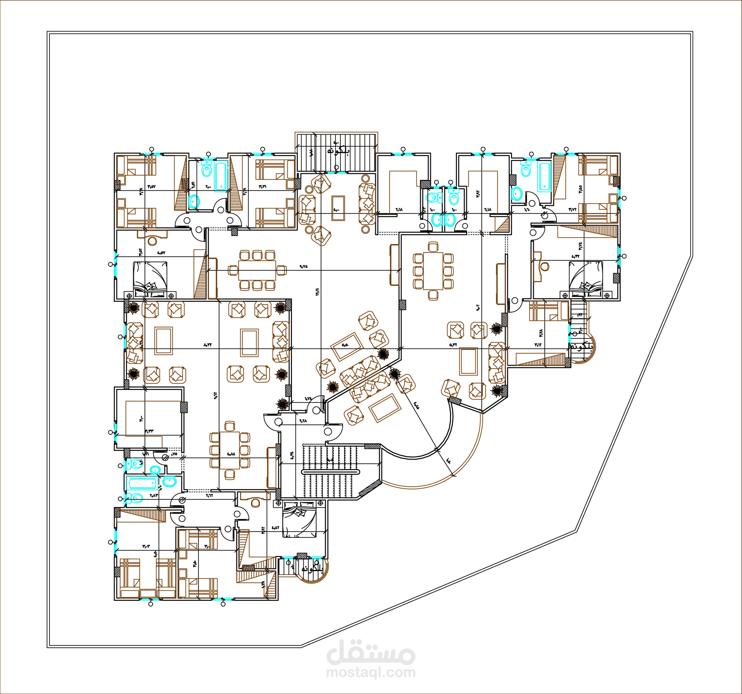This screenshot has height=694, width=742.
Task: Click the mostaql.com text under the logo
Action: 370,672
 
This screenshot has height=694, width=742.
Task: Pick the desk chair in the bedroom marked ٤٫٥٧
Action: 152,241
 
